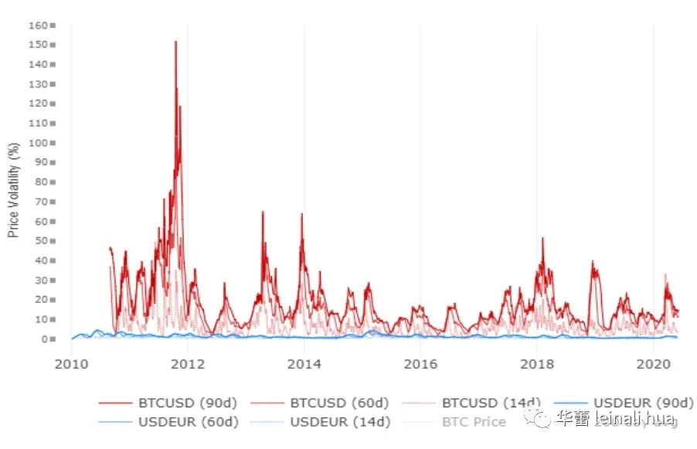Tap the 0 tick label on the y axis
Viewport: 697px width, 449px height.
click(46, 338)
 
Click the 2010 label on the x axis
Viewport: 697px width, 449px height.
click(71, 362)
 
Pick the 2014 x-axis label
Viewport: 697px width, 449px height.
click(304, 362)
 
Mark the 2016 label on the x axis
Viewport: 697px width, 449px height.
click(420, 362)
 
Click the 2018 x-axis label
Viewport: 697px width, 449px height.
click(537, 362)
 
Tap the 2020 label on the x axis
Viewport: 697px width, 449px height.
click(654, 362)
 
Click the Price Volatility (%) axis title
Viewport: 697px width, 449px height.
click(14, 189)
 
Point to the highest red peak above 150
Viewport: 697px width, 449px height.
click(175, 42)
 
